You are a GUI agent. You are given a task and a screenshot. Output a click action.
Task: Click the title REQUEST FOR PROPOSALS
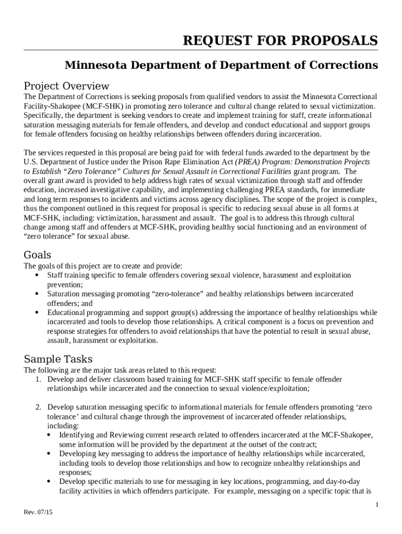point(280,41)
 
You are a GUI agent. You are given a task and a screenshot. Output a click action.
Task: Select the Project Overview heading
point(66,86)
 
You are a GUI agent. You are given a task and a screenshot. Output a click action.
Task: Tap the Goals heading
point(38,254)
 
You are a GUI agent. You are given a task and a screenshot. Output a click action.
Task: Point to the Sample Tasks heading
point(58,359)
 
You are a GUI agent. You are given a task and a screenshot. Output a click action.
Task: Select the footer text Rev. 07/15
point(38,513)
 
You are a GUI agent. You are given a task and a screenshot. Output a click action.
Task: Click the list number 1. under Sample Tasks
point(39,379)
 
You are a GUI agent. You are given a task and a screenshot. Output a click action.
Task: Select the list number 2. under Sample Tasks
point(39,407)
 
